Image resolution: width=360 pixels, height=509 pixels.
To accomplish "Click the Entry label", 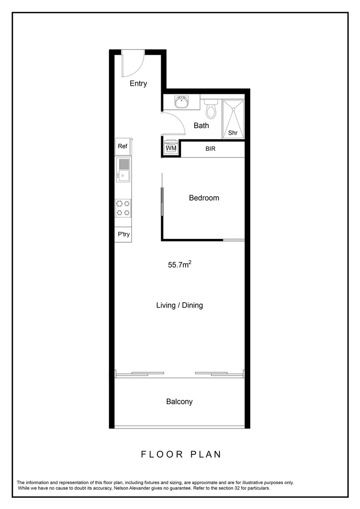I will pos(138,83).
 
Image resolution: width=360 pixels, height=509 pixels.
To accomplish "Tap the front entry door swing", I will pos(131,64).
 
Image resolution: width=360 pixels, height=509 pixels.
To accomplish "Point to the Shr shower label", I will pos(233,133).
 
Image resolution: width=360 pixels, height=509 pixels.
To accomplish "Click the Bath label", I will pos(201,125).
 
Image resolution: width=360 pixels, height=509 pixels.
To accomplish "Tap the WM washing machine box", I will pos(171,148).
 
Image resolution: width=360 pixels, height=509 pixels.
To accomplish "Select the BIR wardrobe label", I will pos(211,148).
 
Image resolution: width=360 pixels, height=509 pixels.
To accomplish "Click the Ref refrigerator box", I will pos(123,146).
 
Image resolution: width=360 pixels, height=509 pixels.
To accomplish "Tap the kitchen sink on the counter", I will pos(123,170).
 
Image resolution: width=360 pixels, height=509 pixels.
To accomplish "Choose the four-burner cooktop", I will pos(123,208).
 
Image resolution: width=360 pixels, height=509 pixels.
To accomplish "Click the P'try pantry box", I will pos(123,234).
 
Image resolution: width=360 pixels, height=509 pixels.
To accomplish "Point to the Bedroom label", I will pos(204,198).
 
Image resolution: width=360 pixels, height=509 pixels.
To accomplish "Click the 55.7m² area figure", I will pos(180,265).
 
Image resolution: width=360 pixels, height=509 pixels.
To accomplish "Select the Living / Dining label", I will pos(180,305).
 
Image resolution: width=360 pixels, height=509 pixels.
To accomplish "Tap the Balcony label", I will pos(179,402).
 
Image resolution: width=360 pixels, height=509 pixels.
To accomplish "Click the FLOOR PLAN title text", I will pos(181,454).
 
